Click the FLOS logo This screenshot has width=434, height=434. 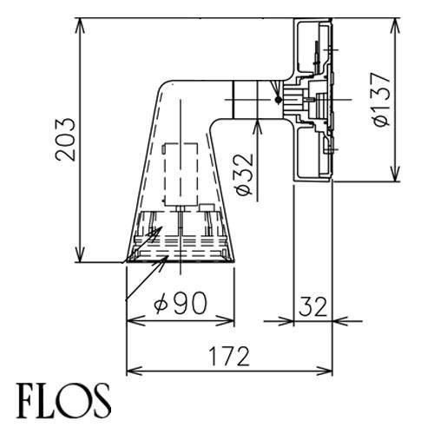point(63,401)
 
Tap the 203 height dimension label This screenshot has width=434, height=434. point(65,139)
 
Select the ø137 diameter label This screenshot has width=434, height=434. point(382,99)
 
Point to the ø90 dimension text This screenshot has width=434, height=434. point(181,303)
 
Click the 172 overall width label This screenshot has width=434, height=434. point(229,357)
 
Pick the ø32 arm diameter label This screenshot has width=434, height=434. point(245,174)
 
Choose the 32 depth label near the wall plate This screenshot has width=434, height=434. point(313,306)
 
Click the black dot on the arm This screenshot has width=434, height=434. point(279,100)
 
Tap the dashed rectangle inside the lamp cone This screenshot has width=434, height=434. point(181,174)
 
